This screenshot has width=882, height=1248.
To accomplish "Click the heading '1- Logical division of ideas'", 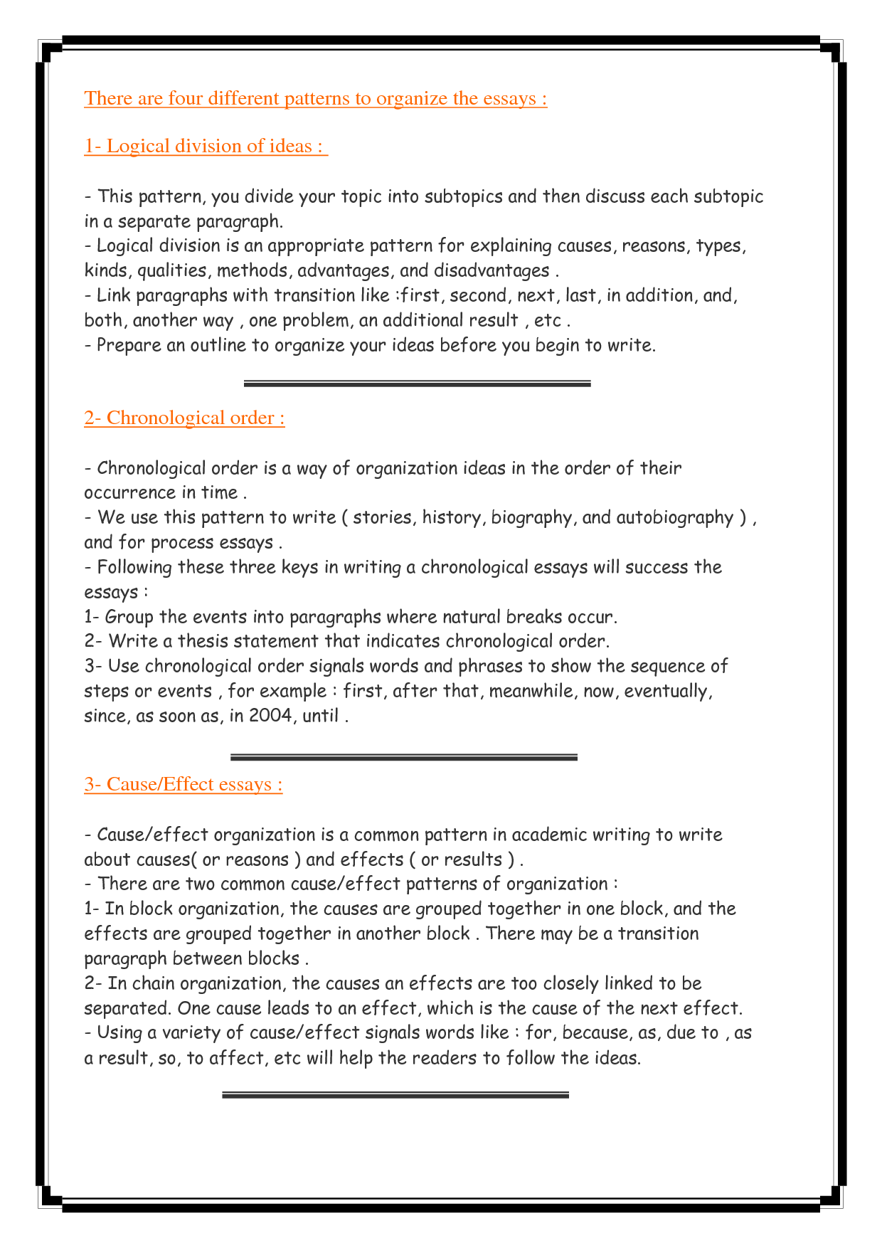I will click(205, 146).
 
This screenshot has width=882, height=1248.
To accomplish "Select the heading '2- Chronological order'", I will click(184, 418).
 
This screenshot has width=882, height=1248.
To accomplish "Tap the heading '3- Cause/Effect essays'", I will click(183, 784).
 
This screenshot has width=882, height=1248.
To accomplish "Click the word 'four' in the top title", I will click(185, 98).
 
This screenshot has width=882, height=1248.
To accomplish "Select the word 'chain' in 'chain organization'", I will click(154, 984).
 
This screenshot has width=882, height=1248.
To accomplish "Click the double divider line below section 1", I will click(417, 384).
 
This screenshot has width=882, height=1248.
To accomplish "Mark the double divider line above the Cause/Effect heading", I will click(403, 757).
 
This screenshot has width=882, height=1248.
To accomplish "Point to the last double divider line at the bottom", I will click(395, 1095).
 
